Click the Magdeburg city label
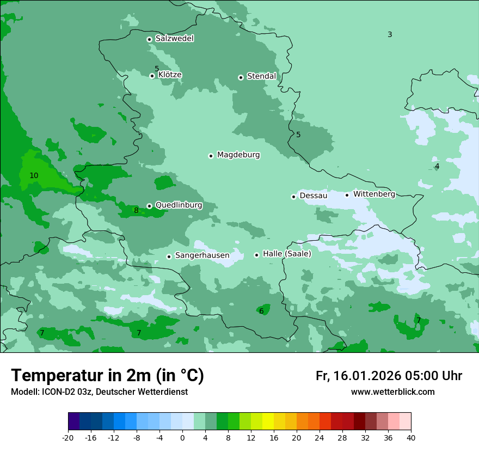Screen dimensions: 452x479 [x=238, y=155]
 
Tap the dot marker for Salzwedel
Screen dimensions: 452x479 [x=149, y=39]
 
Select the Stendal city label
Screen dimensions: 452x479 [x=261, y=76]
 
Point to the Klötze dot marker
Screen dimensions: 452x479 [x=152, y=76]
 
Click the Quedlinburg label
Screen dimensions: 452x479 [x=179, y=205]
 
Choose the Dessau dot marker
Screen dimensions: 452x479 [x=293, y=197]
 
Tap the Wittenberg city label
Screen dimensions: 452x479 [x=374, y=194]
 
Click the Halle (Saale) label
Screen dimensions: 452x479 [x=287, y=254]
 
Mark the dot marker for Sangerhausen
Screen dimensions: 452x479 [x=169, y=256]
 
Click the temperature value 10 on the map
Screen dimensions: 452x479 [x=34, y=175]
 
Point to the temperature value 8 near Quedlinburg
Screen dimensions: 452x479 [x=136, y=210]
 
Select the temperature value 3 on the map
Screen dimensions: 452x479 [x=390, y=35]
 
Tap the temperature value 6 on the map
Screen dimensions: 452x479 [x=261, y=311]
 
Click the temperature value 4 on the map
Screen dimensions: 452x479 [x=437, y=166]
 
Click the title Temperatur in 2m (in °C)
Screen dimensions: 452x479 [x=107, y=376]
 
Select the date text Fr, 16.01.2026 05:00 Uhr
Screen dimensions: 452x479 [x=389, y=376]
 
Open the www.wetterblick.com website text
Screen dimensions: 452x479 [x=392, y=392]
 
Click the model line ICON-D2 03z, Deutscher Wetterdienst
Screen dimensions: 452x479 [x=99, y=392]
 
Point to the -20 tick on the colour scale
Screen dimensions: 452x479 [x=68, y=437]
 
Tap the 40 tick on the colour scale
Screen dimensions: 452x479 [x=411, y=437]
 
